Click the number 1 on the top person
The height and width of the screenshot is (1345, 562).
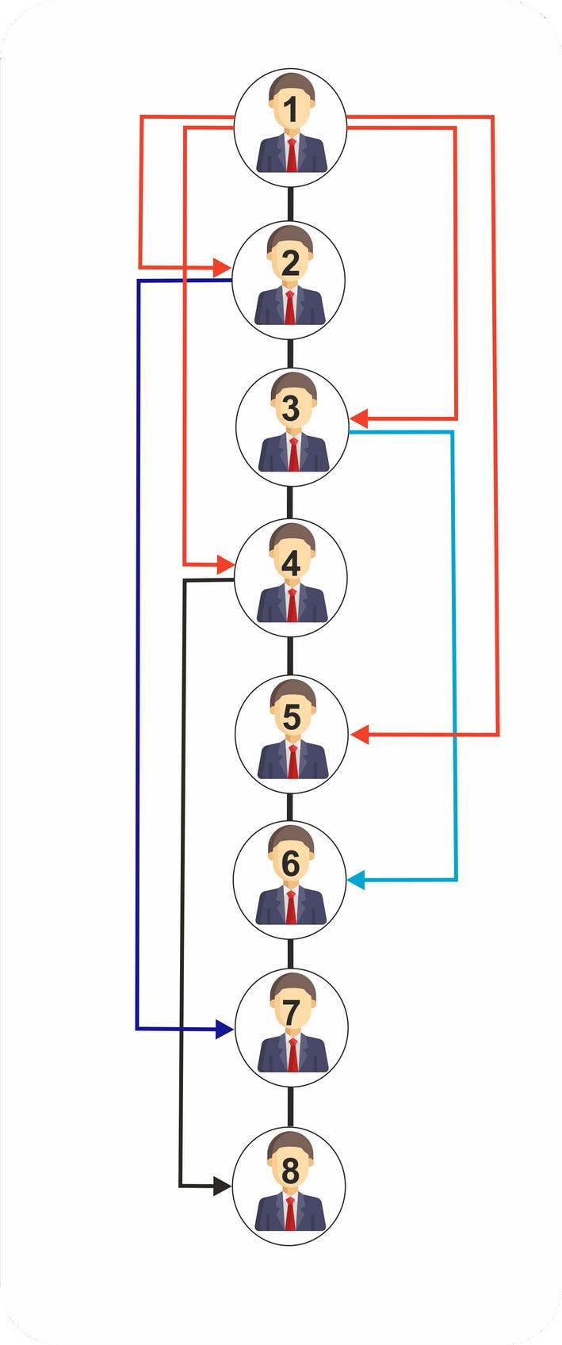click(291, 110)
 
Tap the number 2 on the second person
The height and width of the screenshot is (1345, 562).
click(290, 263)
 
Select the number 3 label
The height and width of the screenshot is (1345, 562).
click(290, 409)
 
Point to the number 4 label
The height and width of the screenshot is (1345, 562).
click(291, 564)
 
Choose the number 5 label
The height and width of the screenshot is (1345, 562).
click(291, 717)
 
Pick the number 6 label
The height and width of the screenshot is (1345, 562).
click(291, 863)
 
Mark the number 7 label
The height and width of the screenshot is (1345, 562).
click(291, 1012)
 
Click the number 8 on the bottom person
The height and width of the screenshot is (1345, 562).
click(290, 1170)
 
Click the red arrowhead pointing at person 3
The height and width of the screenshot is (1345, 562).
click(359, 418)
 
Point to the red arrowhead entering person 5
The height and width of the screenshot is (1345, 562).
click(359, 735)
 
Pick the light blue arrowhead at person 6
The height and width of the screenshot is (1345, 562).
click(357, 880)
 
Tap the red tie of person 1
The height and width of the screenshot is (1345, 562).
click(292, 155)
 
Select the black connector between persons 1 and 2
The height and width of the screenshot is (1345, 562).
click(291, 204)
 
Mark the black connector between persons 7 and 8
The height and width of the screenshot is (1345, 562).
click(290, 1107)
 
